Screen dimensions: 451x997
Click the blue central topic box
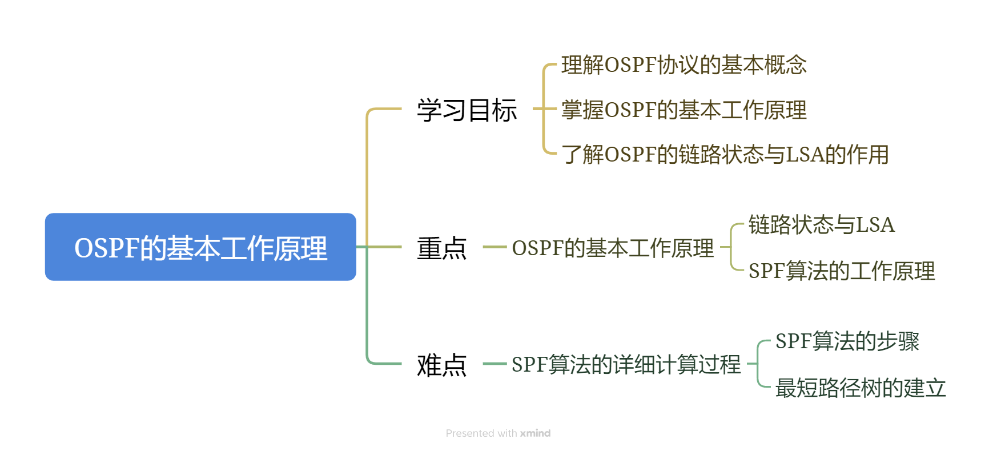coord(200,247)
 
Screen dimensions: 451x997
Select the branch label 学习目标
coord(467,110)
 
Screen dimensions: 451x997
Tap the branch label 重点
coord(441,248)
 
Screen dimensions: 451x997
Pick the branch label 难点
coord(441,364)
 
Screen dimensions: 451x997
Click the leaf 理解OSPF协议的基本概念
coord(684,65)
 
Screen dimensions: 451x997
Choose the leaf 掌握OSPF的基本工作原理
coord(684,110)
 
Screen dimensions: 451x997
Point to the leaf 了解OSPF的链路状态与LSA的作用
coord(725,154)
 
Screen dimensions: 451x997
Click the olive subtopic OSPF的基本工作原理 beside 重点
coord(613,248)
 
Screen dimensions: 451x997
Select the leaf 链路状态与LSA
coord(821,224)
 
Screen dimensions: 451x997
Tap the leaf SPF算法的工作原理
coord(841,271)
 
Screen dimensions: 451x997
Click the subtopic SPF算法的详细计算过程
coord(626,364)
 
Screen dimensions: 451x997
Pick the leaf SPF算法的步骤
coord(847,341)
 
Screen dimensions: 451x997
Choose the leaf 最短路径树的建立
coord(860,388)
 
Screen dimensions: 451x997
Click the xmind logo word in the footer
coord(535,433)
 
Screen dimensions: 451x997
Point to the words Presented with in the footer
coord(481,433)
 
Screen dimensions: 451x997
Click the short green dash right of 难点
coord(495,364)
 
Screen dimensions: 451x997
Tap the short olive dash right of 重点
coord(495,247)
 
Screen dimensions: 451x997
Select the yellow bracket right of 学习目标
coord(544,109)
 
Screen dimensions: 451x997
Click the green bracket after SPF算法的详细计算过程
coord(758,364)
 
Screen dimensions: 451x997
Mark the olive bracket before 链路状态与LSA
coord(731,247)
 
